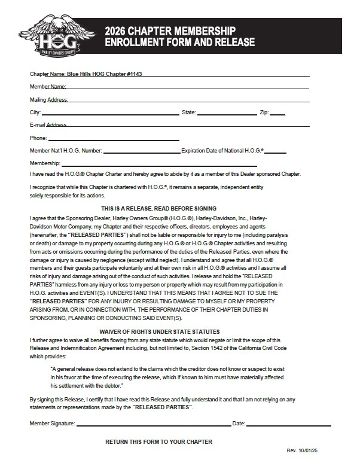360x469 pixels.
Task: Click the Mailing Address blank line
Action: coord(188,99)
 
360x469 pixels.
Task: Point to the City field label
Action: coord(35,112)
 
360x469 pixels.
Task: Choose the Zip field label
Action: coord(264,112)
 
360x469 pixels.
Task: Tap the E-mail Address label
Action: coord(48,125)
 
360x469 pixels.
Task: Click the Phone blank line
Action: coord(114,138)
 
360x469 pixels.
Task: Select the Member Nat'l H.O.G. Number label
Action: coord(66,151)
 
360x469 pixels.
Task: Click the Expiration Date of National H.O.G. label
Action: coord(223,151)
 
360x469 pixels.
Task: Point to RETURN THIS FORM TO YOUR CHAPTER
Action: coord(158,442)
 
